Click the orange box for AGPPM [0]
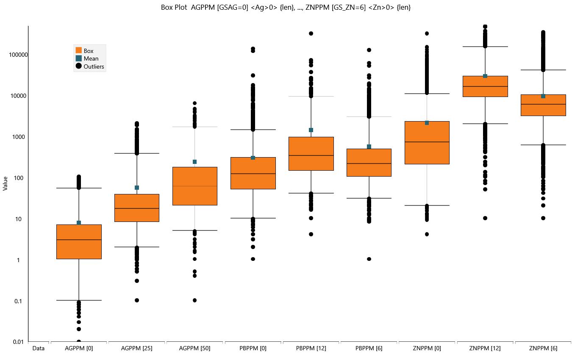(x=79, y=242)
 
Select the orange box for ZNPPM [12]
(x=485, y=86)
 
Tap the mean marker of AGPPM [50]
(x=194, y=162)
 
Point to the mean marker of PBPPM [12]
(x=311, y=130)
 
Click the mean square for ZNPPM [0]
(x=427, y=123)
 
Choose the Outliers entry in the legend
(x=90, y=66)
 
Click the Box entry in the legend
(x=84, y=50)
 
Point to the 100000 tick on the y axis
(x=18, y=55)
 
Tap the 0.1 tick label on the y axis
(x=18, y=301)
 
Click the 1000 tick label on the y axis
(x=19, y=137)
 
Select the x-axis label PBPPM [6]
(x=369, y=348)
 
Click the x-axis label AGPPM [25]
(x=136, y=348)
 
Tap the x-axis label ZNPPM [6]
(x=543, y=348)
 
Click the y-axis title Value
(x=5, y=183)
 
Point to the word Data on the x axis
(x=38, y=348)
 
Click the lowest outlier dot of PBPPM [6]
(x=369, y=259)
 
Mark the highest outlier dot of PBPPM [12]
(x=311, y=33)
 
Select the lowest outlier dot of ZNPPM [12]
(x=485, y=218)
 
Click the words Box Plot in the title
(x=174, y=7)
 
